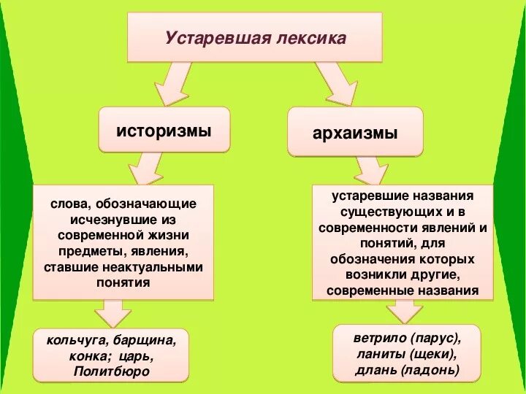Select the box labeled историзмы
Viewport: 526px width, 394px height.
click(164, 131)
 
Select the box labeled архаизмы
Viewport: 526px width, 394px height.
click(355, 134)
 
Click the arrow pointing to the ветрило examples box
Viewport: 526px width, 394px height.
click(405, 311)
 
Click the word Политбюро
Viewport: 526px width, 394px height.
click(111, 371)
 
